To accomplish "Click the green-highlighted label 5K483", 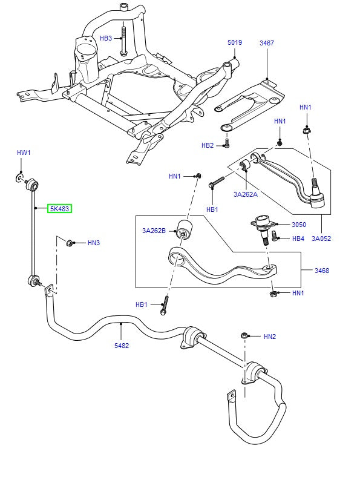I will pyautogui.click(x=60, y=209).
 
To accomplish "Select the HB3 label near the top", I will pyautogui.click(x=106, y=38).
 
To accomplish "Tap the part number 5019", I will pyautogui.click(x=235, y=43).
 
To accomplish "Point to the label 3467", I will pyautogui.click(x=267, y=43).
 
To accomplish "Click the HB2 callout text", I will pyautogui.click(x=208, y=145).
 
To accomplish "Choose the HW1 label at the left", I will pyautogui.click(x=23, y=153).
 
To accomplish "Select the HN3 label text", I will pyautogui.click(x=93, y=243).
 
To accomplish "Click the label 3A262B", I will pyautogui.click(x=155, y=231).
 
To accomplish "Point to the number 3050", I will pyautogui.click(x=299, y=224).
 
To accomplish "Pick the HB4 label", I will pyautogui.click(x=298, y=238).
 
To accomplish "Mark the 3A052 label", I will pyautogui.click(x=321, y=238).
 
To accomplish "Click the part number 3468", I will pyautogui.click(x=321, y=271).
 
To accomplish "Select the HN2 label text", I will pyautogui.click(x=270, y=336).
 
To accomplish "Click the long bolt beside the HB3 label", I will pyautogui.click(x=123, y=40).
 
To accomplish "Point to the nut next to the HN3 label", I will pyautogui.click(x=70, y=243).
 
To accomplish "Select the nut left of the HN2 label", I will pyautogui.click(x=244, y=335).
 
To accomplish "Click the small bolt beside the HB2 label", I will pyautogui.click(x=226, y=143).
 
